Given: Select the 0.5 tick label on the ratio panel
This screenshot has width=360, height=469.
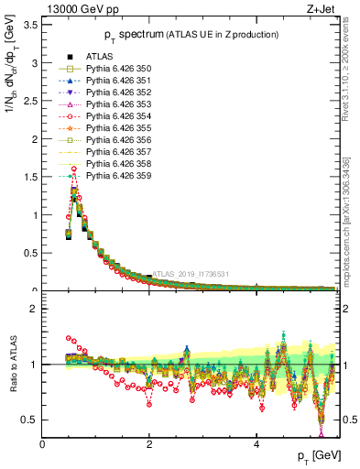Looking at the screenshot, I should (30, 420).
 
